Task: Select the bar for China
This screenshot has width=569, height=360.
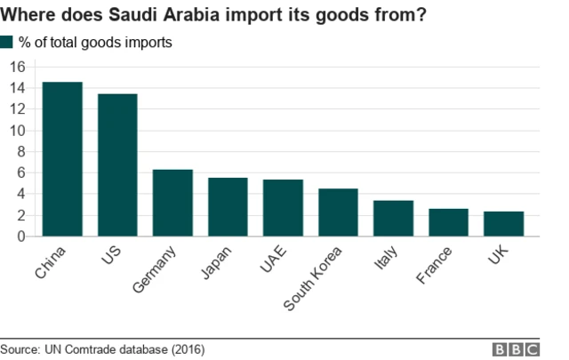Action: (62, 159)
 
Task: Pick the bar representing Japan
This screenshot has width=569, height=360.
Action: (228, 207)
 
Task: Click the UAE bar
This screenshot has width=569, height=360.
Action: (283, 208)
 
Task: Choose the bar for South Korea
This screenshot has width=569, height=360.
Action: (338, 212)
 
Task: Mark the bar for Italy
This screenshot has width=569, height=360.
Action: (393, 219)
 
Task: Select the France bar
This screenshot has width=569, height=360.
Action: (448, 222)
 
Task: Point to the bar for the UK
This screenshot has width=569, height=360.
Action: (503, 224)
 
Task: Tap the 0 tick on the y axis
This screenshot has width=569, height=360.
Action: (20, 236)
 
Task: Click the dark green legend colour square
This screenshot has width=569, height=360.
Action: (7, 42)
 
